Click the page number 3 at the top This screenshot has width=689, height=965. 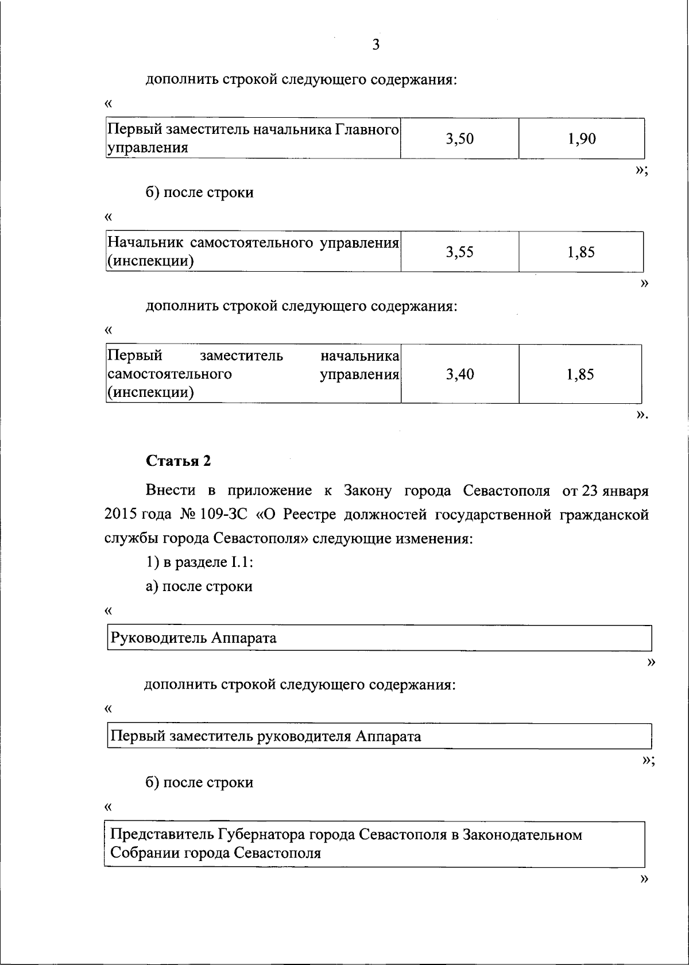click(x=376, y=45)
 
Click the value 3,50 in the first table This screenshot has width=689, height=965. click(x=460, y=138)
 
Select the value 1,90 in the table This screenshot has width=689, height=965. click(x=582, y=138)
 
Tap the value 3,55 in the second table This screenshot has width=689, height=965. click(x=460, y=252)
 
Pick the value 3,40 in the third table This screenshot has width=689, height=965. click(x=460, y=375)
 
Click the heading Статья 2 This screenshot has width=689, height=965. click(x=179, y=461)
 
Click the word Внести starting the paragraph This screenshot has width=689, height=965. click(x=171, y=491)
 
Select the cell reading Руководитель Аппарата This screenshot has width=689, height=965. click(x=193, y=638)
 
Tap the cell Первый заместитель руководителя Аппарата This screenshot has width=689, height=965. click(x=265, y=736)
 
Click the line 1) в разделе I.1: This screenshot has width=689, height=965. click(x=199, y=562)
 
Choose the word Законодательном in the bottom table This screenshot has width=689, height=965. click(x=522, y=834)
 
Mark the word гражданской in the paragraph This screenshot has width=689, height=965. click(x=605, y=515)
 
